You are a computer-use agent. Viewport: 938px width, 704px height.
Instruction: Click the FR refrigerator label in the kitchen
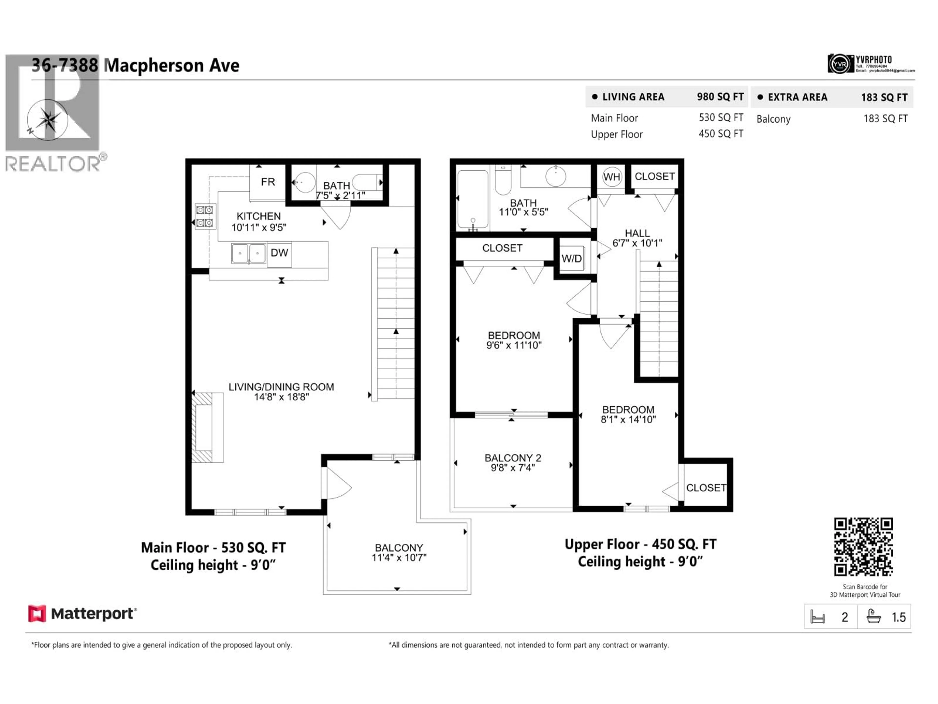click(x=267, y=182)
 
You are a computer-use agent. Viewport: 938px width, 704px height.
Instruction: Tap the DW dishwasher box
click(x=279, y=253)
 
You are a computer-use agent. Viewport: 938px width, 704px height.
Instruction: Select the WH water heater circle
click(x=611, y=177)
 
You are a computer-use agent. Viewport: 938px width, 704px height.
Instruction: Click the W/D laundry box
click(x=571, y=258)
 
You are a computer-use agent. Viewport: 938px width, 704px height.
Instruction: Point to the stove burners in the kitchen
click(x=205, y=216)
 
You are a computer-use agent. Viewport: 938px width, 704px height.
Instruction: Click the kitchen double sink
click(x=248, y=253)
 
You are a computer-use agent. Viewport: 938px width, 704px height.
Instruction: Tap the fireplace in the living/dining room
click(x=207, y=427)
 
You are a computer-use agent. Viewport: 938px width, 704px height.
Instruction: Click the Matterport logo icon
click(x=37, y=614)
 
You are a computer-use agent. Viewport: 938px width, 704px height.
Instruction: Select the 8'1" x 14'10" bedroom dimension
click(x=628, y=420)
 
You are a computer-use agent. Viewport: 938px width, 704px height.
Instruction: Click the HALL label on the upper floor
click(x=637, y=233)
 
